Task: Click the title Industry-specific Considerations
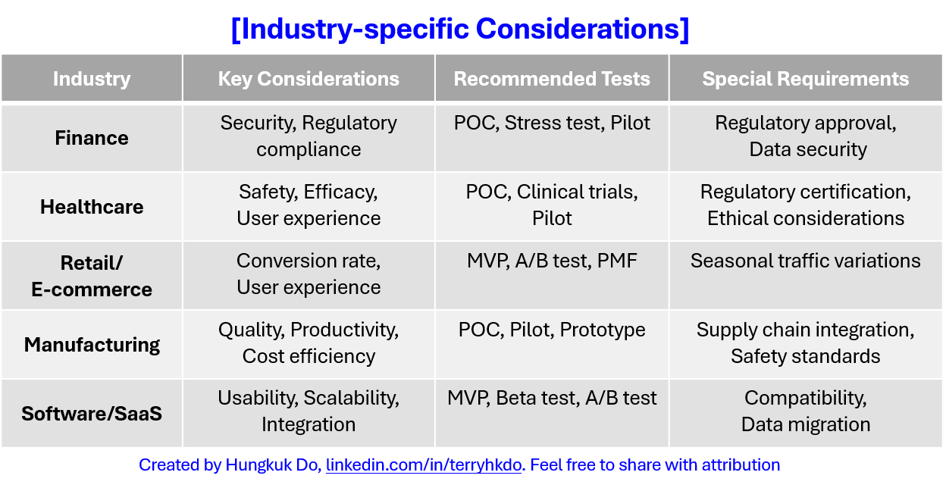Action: [459, 30]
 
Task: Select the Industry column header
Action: [92, 79]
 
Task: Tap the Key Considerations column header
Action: [309, 79]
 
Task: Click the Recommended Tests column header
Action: [552, 79]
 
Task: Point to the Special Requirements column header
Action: [805, 79]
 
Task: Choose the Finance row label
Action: [92, 138]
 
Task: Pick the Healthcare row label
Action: [92, 207]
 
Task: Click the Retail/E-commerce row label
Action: [92, 276]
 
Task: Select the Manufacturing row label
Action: [92, 345]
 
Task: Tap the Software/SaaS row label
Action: [92, 414]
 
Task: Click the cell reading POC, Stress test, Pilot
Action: [552, 124]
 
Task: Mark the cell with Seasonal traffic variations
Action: [805, 261]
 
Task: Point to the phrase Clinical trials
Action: [577, 192]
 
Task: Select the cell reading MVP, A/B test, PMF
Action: [552, 261]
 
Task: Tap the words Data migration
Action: [805, 424]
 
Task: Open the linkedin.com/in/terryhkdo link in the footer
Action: [424, 465]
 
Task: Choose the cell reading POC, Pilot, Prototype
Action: [552, 330]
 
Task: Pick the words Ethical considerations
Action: [805, 219]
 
